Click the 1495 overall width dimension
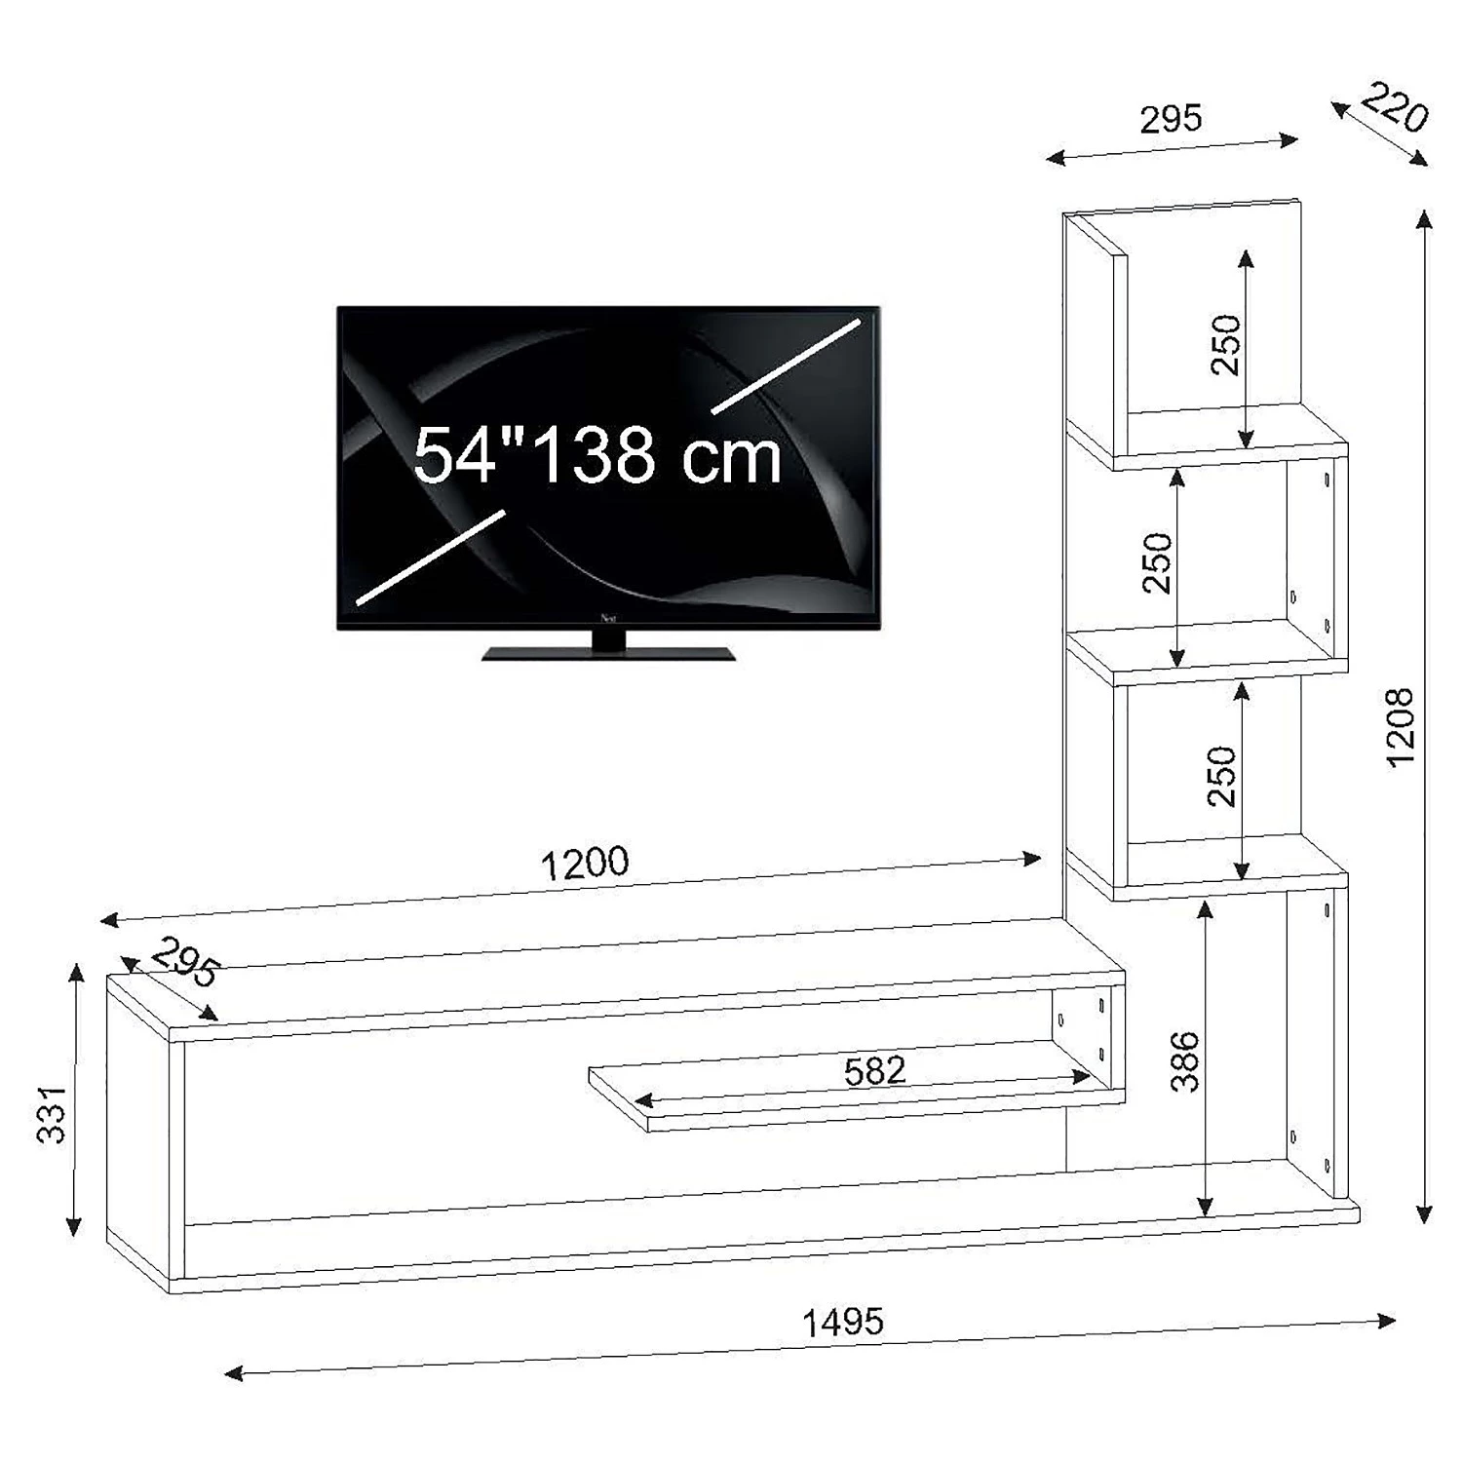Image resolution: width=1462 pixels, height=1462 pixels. point(843,1323)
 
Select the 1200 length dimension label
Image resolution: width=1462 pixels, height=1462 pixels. point(585,864)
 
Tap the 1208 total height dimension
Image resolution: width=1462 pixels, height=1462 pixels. point(1400,727)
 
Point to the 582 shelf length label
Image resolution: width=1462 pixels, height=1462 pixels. point(874,1071)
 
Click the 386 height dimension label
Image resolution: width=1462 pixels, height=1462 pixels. point(1184,1061)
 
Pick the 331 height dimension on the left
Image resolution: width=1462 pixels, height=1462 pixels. point(51,1113)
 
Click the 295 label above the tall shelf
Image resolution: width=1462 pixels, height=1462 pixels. point(1171,119)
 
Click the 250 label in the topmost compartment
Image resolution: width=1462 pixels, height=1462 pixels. point(1225,344)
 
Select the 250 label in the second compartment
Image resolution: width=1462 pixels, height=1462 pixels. point(1157,562)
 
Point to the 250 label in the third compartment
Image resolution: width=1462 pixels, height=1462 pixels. point(1221,776)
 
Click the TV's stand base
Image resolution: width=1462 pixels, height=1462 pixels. point(608,653)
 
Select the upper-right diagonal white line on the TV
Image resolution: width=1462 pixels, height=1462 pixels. point(788,365)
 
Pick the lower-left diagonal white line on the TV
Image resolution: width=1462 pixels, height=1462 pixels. point(431,557)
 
